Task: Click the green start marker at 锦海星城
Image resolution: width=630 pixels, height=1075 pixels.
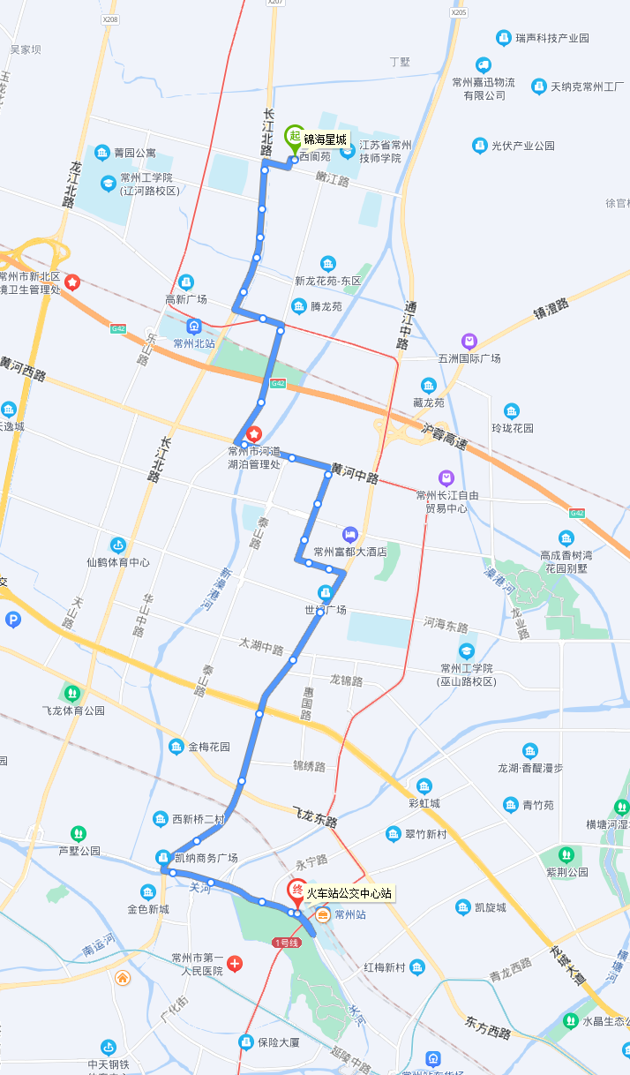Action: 293,137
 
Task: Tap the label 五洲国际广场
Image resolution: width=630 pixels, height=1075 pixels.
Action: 469,358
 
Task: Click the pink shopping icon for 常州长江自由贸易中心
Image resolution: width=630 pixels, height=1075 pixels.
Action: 446,477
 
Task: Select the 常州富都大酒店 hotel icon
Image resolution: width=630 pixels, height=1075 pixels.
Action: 350,535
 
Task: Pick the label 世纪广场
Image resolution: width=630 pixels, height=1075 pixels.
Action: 325,610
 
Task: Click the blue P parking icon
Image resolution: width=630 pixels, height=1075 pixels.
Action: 12,620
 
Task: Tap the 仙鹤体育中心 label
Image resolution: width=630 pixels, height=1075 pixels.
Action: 117,562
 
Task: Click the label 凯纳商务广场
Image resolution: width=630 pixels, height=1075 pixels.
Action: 206,858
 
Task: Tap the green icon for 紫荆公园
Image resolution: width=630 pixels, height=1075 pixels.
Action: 566,854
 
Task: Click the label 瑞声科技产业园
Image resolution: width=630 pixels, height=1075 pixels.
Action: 552,38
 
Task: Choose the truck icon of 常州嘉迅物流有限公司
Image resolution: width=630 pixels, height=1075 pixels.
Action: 483,64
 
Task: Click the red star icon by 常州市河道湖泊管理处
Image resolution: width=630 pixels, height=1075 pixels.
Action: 255,433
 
